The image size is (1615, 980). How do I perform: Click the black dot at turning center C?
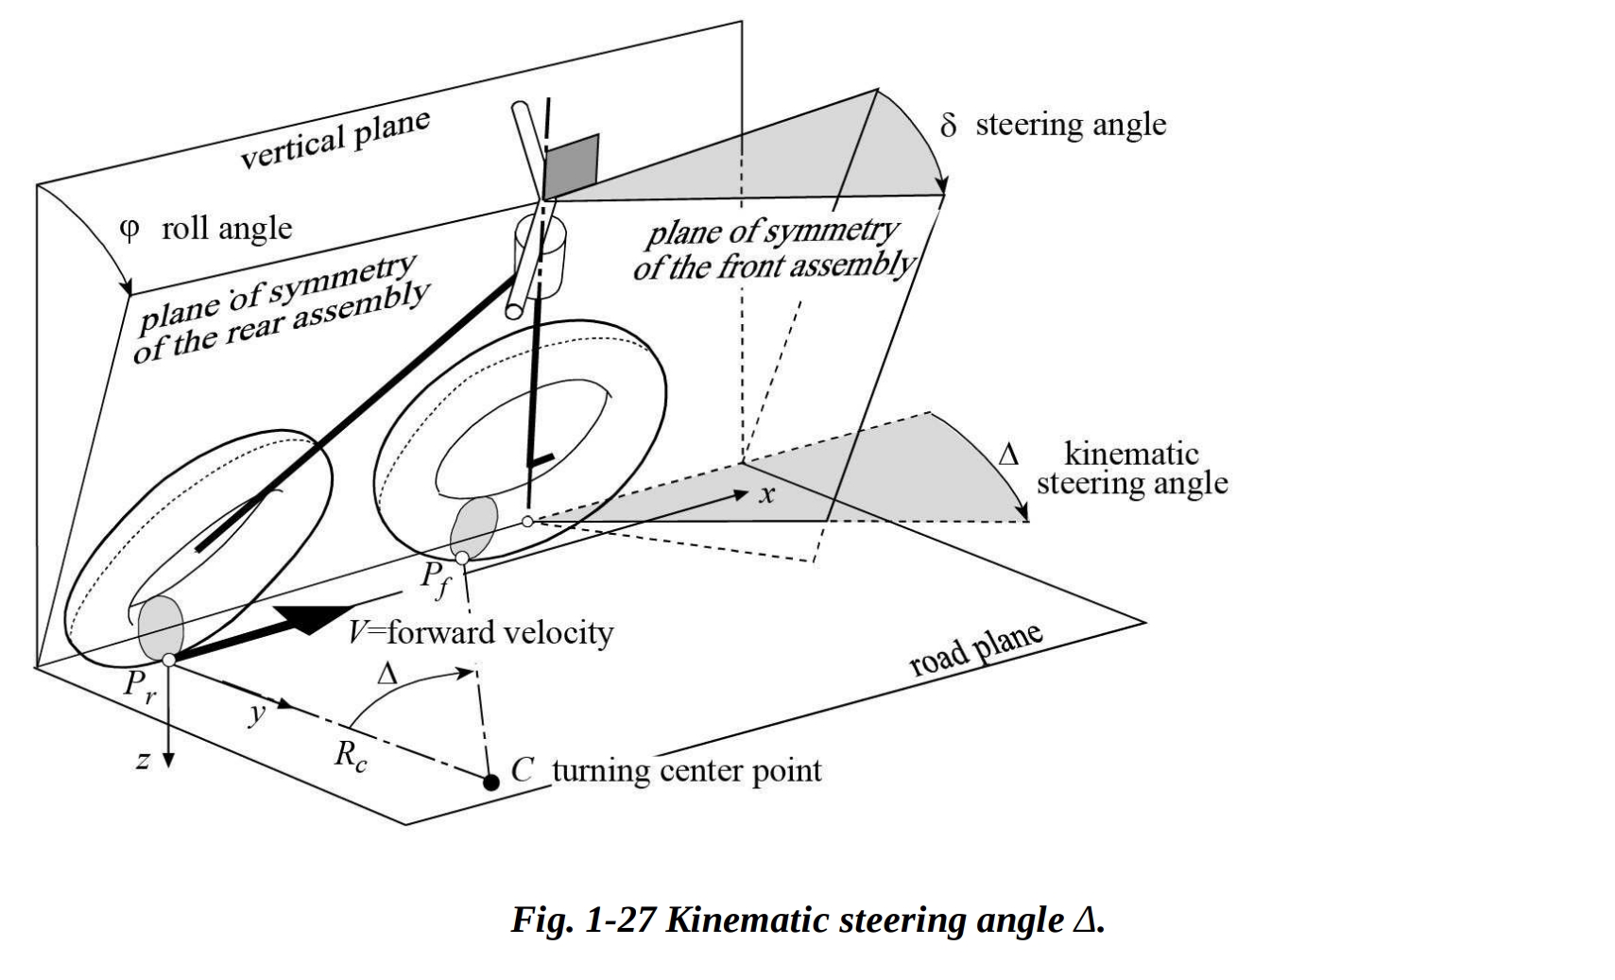(x=490, y=782)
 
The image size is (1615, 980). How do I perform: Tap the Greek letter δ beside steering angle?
(x=949, y=125)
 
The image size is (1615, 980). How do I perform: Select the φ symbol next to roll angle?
(x=130, y=229)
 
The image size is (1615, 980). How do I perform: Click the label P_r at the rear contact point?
(x=139, y=687)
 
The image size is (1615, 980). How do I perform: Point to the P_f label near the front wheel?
(x=435, y=578)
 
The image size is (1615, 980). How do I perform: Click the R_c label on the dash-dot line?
(x=350, y=756)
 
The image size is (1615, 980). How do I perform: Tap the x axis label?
(x=767, y=494)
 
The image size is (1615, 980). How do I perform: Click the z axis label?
(x=143, y=759)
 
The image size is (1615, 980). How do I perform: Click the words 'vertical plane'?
(x=335, y=140)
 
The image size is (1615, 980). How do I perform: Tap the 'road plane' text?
(x=975, y=649)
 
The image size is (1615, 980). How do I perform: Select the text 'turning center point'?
(x=686, y=771)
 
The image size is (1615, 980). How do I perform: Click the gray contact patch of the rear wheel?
(x=161, y=628)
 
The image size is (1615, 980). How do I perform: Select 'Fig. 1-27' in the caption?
(x=583, y=920)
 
